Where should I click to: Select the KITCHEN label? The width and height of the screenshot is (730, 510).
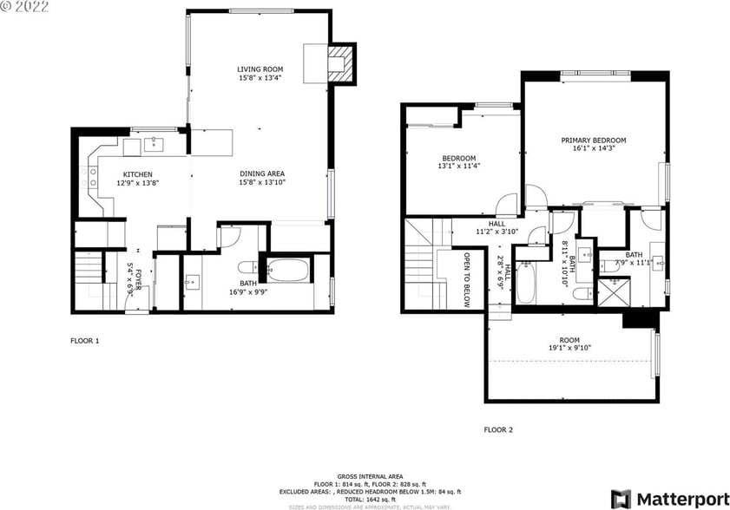click(137, 173)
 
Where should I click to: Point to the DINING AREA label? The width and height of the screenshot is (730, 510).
click(262, 173)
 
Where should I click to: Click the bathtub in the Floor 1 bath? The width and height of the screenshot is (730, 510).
click(288, 271)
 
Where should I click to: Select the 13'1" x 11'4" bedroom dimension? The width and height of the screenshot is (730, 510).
click(459, 166)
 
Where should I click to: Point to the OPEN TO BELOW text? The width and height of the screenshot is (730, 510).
click(467, 280)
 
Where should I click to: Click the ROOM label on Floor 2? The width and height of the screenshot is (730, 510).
click(569, 340)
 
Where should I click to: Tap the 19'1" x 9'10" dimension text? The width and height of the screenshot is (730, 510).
click(569, 349)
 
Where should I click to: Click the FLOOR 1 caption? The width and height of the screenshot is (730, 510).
click(85, 341)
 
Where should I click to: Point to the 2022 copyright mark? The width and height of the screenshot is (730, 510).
click(25, 6)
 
